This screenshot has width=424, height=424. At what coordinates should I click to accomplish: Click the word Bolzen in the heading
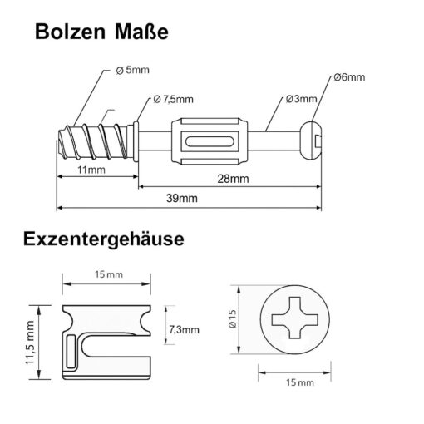coord(71,32)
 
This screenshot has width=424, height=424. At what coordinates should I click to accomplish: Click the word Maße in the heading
coord(141,32)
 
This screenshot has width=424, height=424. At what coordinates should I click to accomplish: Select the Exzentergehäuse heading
coord(104,239)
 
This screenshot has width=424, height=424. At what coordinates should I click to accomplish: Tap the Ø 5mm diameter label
coord(132,70)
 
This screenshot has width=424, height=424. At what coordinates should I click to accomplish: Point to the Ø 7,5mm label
coord(173,99)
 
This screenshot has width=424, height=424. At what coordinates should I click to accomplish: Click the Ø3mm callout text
coord(302,99)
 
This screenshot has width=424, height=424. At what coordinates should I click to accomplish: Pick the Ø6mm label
coord(349,77)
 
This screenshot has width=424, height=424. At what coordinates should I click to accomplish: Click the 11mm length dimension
coord(91,170)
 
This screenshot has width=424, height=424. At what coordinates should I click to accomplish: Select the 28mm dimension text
coord(233,179)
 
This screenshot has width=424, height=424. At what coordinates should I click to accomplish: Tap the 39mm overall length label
coord(182,199)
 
